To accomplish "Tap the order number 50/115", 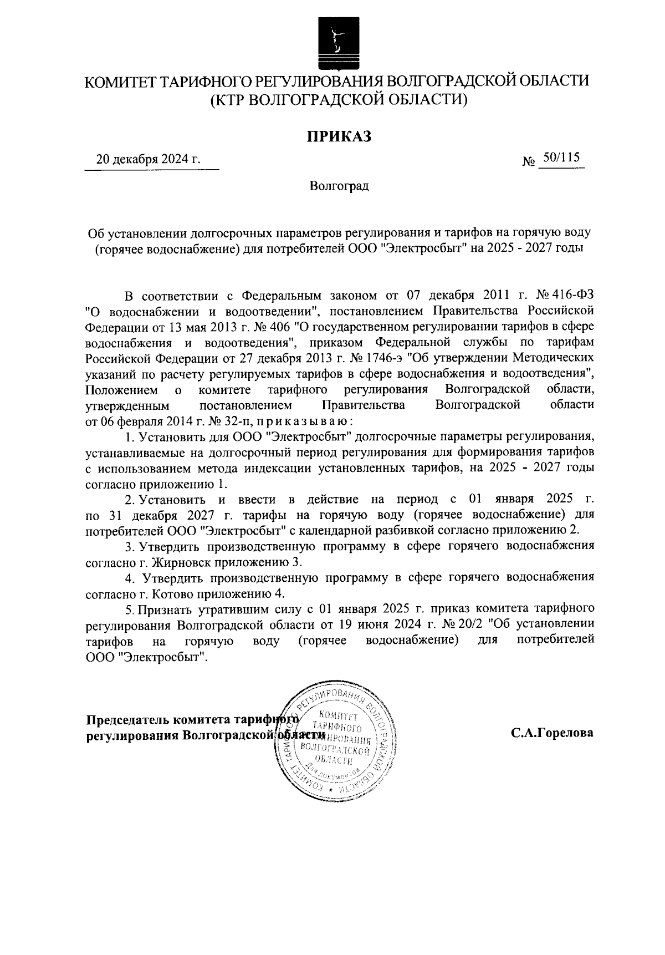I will tap(561, 158).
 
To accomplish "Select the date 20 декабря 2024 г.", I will tap(148, 160).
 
